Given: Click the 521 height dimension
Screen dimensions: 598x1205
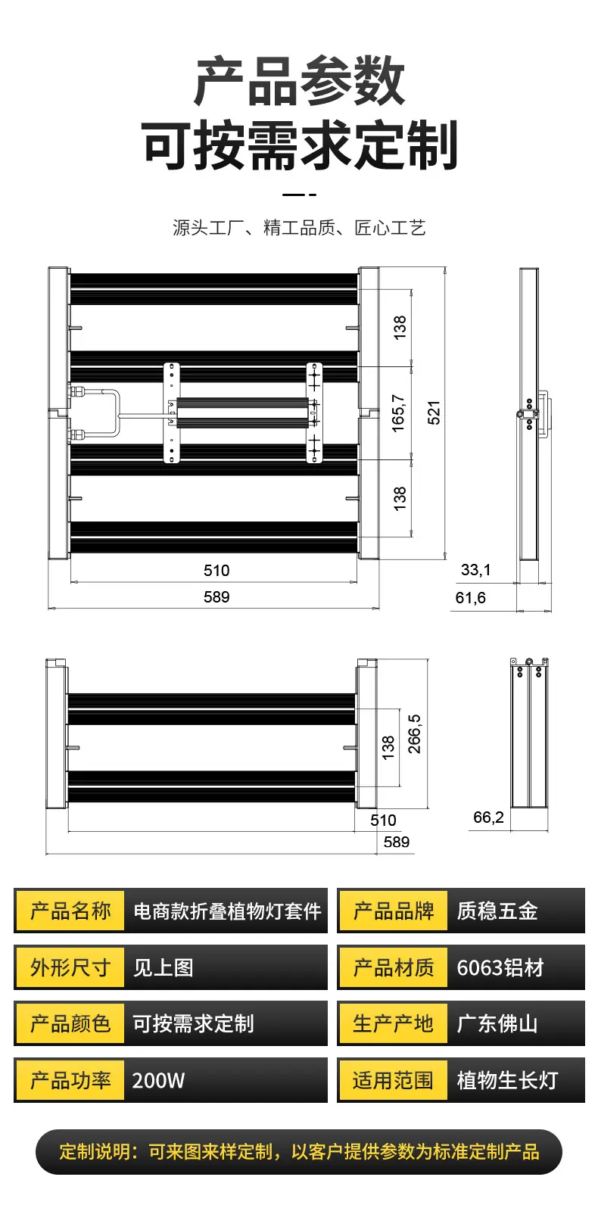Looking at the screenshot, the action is coord(434,413).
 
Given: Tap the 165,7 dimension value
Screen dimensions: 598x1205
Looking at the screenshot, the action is coord(398,413).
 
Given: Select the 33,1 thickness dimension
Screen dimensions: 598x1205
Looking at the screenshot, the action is coord(476,570).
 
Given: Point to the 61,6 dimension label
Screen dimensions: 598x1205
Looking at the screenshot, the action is coord(471,598).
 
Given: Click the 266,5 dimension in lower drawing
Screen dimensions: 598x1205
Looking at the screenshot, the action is coord(415,733).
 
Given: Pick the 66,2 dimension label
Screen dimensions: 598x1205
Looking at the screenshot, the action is coord(488,817).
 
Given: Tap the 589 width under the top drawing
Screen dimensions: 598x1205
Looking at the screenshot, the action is coord(216,596).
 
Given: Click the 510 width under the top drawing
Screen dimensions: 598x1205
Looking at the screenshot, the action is coord(216,570).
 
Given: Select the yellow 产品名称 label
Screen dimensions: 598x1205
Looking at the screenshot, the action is coord(70,911).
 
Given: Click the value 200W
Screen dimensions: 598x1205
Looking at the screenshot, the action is coord(159,1080).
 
